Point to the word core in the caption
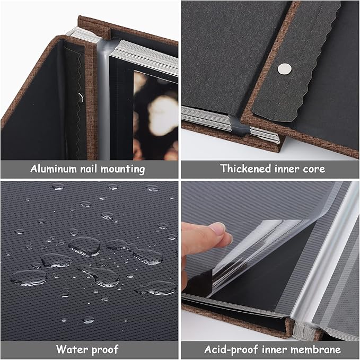313,169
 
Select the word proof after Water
106,349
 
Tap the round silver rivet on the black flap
285,68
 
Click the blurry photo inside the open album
155,114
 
